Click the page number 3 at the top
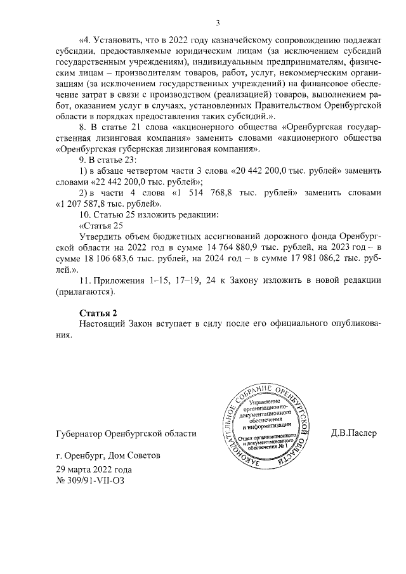click(x=217, y=23)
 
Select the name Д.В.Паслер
click(x=354, y=433)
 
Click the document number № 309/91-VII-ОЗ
click(x=91, y=481)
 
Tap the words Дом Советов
click(x=129, y=455)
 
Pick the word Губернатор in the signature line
click(x=80, y=433)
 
